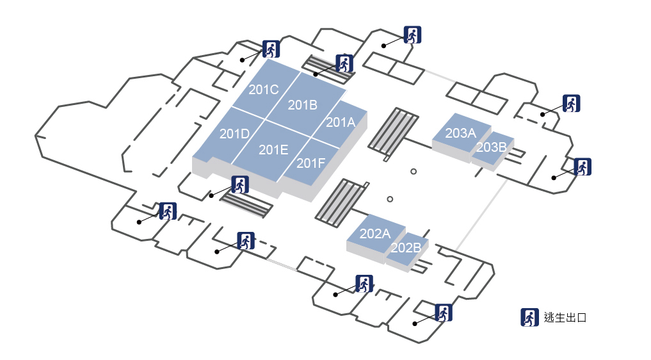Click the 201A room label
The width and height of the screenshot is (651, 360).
click(341, 122)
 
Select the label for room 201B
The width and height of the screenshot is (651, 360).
click(303, 105)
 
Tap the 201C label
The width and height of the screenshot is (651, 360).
click(263, 90)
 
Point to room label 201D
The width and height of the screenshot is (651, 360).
click(234, 134)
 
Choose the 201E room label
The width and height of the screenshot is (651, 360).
click(273, 150)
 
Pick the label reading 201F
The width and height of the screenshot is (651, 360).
click(312, 163)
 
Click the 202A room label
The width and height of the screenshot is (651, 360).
click(375, 234)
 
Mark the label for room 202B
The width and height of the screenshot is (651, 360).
click(406, 247)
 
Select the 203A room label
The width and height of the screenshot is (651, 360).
click(461, 133)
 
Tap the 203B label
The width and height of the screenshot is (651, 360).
click(492, 147)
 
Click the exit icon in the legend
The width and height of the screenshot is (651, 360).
click(529, 317)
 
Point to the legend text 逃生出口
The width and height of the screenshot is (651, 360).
click(565, 317)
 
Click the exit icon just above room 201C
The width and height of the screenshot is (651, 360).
click(271, 49)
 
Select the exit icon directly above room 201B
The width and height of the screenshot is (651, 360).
click(344, 63)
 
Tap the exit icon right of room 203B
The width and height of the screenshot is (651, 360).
click(583, 167)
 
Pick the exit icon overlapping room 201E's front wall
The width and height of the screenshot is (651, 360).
click(240, 184)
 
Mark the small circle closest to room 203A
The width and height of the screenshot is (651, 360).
click(414, 171)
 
